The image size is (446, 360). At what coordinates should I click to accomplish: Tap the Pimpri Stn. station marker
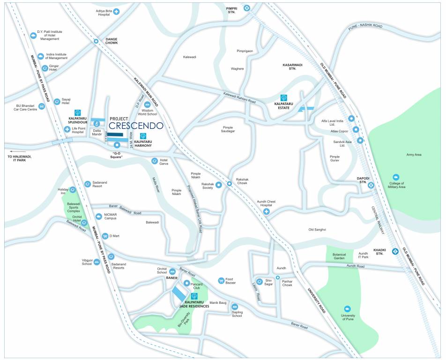246,7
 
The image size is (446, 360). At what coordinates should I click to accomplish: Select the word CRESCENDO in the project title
136,126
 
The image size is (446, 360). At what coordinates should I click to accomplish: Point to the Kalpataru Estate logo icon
284,97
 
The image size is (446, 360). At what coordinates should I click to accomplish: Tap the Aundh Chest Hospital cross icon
267,212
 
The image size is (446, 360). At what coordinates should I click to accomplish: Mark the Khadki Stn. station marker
395,251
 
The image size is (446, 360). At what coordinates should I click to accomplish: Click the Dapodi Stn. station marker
371,185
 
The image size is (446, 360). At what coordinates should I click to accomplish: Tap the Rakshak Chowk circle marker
230,184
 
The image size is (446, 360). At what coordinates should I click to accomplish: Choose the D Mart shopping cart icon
105,236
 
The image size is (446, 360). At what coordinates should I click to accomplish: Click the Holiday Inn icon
73,190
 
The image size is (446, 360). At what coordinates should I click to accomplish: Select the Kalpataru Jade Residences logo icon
194,296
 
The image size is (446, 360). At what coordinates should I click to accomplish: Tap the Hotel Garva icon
154,161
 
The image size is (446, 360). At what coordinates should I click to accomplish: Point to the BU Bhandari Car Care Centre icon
41,106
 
